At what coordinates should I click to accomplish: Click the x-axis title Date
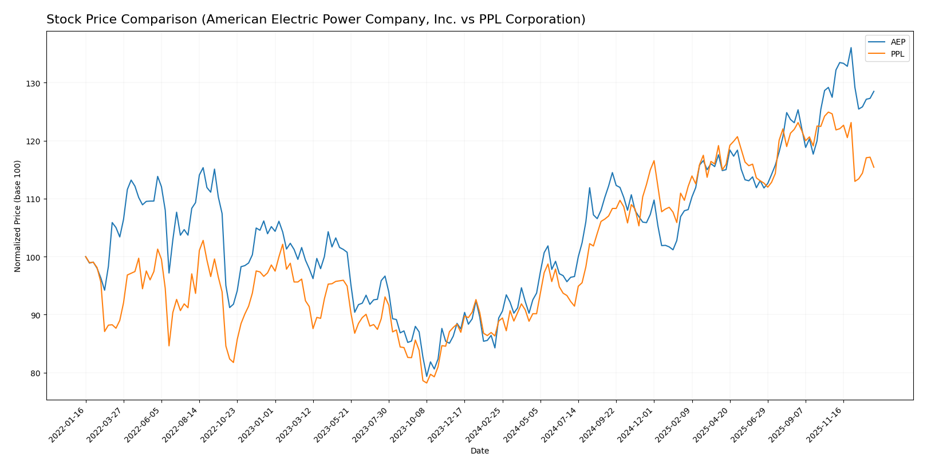click(479, 451)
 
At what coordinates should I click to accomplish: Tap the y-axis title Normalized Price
click(18, 216)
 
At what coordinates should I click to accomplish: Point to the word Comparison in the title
click(144, 20)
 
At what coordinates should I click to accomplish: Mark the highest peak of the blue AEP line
click(851, 48)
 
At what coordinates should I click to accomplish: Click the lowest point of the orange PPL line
click(427, 383)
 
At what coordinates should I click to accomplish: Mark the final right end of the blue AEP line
click(874, 91)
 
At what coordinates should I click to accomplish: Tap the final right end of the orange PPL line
click(874, 167)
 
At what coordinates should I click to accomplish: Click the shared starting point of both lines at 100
click(86, 257)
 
